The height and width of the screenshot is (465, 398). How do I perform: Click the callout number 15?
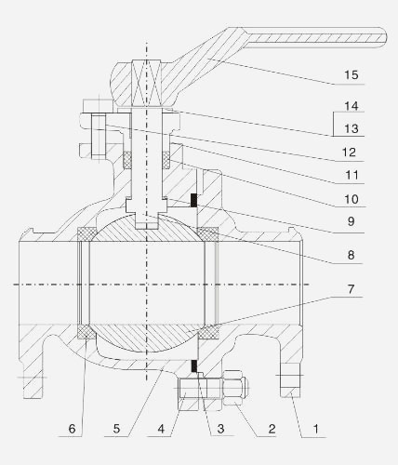pos(352,75)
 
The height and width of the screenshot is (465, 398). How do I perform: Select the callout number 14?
pos(352,106)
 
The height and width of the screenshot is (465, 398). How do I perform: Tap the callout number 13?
pos(352,128)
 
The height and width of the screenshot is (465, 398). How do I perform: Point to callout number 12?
pos(349,153)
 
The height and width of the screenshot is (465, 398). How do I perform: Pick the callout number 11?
pos(352,175)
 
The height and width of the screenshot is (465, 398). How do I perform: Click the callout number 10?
pos(352,199)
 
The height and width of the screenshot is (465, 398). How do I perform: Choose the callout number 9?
pos(351,221)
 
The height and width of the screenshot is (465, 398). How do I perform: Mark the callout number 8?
pos(351,255)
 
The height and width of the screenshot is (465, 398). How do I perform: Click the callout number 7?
pos(351,289)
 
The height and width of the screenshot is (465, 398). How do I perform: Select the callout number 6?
pos(72,429)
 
